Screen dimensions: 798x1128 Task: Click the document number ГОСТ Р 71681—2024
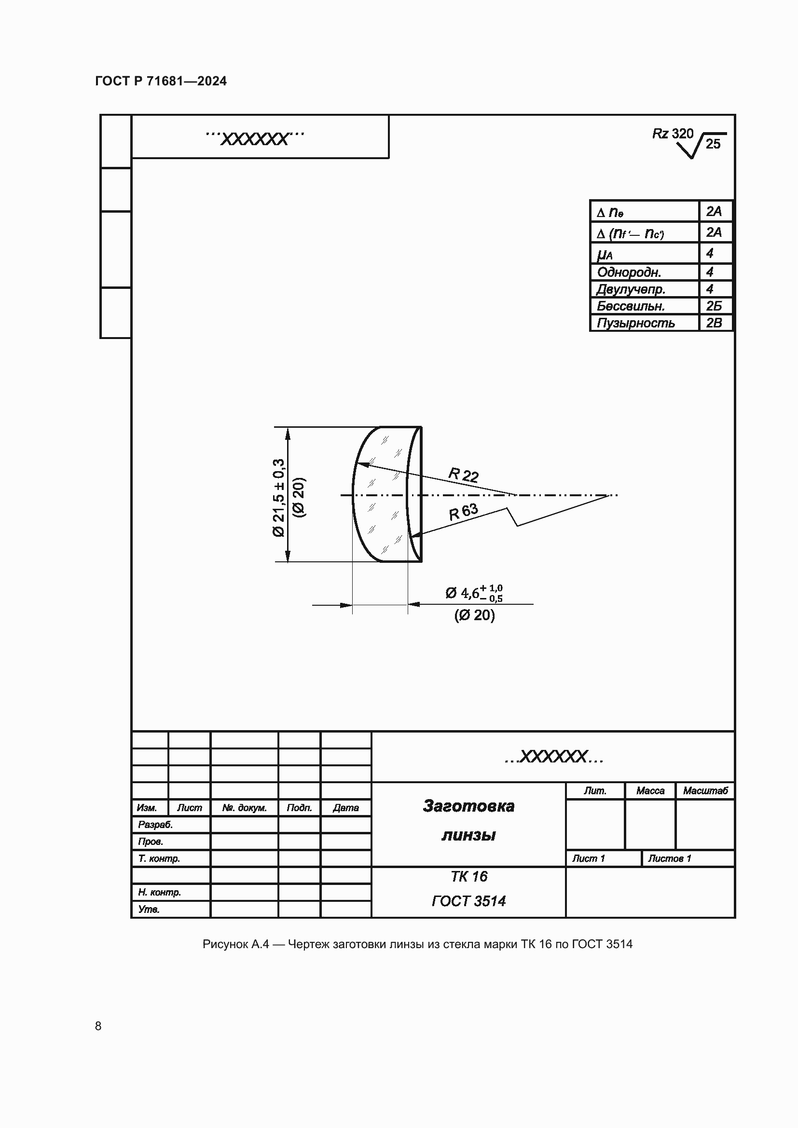point(161,81)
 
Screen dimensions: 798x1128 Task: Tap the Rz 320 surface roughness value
point(673,134)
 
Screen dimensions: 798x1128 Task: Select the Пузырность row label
point(635,323)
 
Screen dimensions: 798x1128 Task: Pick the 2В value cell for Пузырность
point(714,323)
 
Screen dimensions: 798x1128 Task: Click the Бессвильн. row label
point(631,306)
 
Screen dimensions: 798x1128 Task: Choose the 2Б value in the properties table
point(714,306)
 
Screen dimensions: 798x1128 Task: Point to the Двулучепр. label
point(631,289)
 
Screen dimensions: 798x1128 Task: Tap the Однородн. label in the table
point(629,272)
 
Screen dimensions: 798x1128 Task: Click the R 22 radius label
point(463,475)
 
